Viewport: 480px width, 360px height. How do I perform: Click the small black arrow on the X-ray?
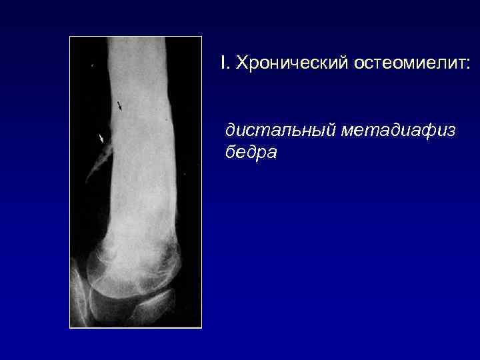pos(120,105)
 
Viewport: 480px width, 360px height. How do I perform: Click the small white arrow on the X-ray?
pos(101,138)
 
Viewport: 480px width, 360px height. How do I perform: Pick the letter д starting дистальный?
pos(231,131)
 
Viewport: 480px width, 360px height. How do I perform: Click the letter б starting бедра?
pos(230,153)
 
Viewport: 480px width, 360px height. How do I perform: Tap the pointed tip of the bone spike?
pos(87,181)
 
